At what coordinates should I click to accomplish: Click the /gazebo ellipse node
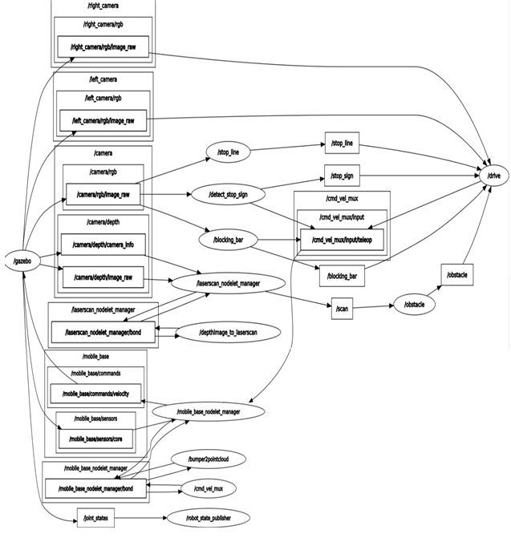(x=22, y=261)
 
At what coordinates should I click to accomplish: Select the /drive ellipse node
(x=493, y=175)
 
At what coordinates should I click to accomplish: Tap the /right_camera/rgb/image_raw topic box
(x=103, y=47)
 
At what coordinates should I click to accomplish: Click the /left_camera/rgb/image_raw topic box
(x=103, y=121)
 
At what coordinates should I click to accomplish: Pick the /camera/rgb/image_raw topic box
(x=103, y=194)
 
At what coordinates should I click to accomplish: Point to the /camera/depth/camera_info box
(x=103, y=245)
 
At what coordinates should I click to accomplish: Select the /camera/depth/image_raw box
(x=103, y=277)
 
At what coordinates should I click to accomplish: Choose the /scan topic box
(x=342, y=307)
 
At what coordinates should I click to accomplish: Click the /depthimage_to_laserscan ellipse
(x=228, y=332)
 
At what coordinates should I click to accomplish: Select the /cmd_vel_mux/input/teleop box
(x=341, y=238)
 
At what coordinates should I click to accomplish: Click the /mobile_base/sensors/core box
(x=96, y=439)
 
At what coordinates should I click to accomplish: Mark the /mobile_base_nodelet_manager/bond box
(x=95, y=488)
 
